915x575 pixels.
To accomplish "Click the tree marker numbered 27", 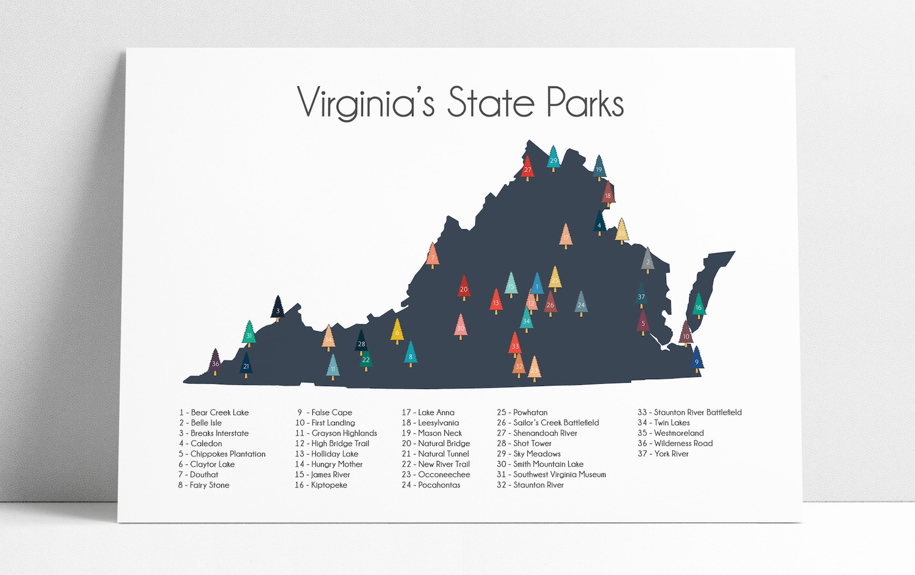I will tap(527, 168).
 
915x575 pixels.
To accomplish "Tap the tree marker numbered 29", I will tap(553, 158).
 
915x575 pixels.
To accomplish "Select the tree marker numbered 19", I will tap(599, 168).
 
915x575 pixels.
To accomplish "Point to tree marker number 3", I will tap(278, 309).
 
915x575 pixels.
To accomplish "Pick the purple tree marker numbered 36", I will tap(215, 362).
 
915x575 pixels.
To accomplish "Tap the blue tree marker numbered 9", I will tap(697, 360).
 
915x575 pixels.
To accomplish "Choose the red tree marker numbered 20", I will tap(464, 287).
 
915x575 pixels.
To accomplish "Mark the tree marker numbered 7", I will tap(433, 256).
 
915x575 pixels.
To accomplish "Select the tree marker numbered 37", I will tap(641, 296).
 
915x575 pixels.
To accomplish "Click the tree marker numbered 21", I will tap(246, 364).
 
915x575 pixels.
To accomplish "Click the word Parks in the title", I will tap(585, 103).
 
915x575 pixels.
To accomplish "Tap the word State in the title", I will tap(491, 103).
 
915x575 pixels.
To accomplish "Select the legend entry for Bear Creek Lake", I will tap(214, 413).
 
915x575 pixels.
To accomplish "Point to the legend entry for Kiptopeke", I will tap(321, 485).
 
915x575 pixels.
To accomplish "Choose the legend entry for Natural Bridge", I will tap(436, 444).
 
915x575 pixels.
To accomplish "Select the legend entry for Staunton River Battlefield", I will tap(689, 413).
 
